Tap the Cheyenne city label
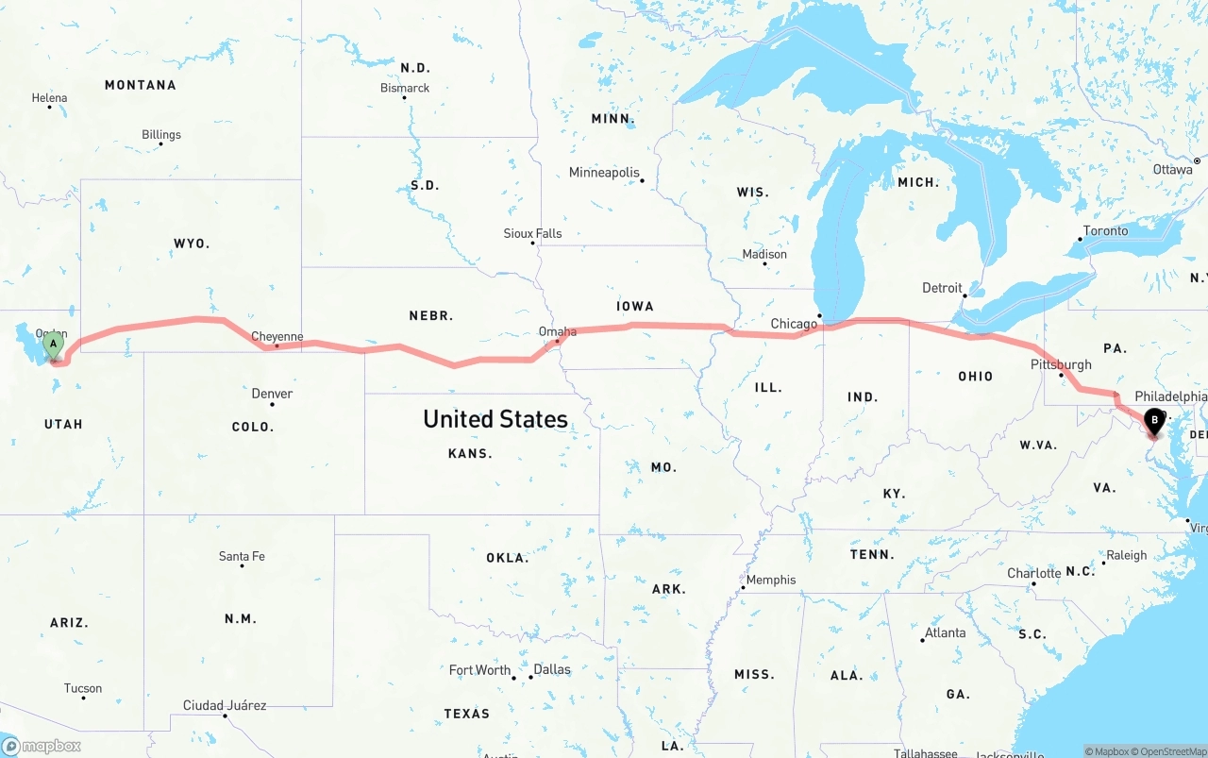pyautogui.click(x=277, y=336)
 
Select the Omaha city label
pyautogui.click(x=557, y=331)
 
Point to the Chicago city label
pyautogui.click(x=794, y=324)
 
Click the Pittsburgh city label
pyautogui.click(x=1061, y=364)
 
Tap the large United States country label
pyautogui.click(x=495, y=418)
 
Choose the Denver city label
pyautogui.click(x=272, y=394)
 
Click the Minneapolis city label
pyautogui.click(x=604, y=173)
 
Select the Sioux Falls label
pyautogui.click(x=532, y=233)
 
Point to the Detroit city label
pyautogui.click(x=942, y=288)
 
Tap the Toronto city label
pyautogui.click(x=1105, y=231)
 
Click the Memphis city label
pyautogui.click(x=771, y=580)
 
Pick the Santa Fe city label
pyautogui.click(x=242, y=556)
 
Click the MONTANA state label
pyautogui.click(x=140, y=85)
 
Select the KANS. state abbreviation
pyautogui.click(x=470, y=453)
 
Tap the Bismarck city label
pyautogui.click(x=405, y=88)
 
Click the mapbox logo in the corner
pyautogui.click(x=42, y=746)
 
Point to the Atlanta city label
pyautogui.click(x=945, y=632)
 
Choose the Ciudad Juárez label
pyautogui.click(x=225, y=705)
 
